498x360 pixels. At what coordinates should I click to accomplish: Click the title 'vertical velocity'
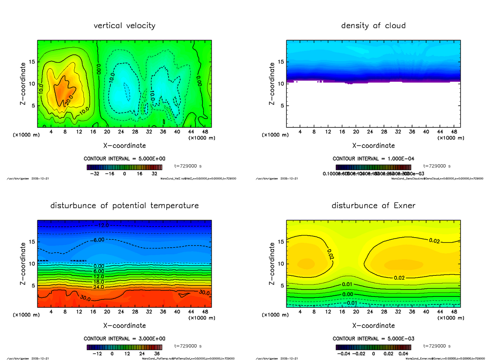pos(124,26)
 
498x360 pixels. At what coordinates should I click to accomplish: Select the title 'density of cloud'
pos(373,26)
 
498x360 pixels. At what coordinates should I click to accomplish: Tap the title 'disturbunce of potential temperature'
pos(124,206)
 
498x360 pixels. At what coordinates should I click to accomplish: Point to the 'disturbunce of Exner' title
pos(373,206)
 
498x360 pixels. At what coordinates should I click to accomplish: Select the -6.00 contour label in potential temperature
pos(99,241)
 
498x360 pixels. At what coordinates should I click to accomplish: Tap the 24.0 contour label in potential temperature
pos(99,287)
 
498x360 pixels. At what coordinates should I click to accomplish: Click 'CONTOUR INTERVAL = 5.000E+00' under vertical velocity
pos(124,159)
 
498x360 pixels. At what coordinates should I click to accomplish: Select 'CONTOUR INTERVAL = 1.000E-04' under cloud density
pos(373,159)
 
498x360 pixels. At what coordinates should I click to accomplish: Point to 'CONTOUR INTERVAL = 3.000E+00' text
pos(124,339)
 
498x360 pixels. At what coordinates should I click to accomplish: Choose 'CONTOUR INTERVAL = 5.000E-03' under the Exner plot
pos(373,339)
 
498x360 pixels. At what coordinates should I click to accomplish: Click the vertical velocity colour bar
pos(124,167)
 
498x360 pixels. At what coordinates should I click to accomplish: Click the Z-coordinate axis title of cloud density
pos(272,83)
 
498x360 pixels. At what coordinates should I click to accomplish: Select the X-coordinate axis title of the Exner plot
pos(373,326)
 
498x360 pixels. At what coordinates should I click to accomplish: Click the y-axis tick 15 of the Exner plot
pos(281,241)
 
